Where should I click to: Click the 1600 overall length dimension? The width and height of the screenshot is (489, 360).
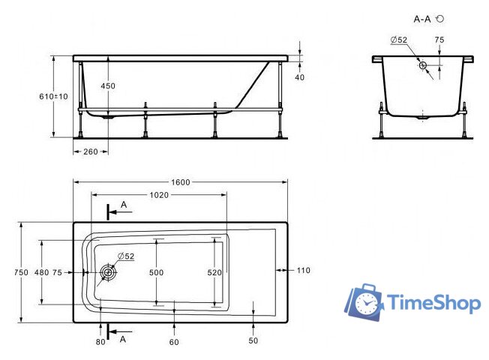[x=181, y=182]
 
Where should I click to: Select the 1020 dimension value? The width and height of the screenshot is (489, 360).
[x=159, y=195]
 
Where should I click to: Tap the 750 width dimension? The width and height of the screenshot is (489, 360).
[x=21, y=272]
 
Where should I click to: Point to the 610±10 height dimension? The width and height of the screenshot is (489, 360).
[x=53, y=97]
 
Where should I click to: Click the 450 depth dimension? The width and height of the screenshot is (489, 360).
[x=108, y=85]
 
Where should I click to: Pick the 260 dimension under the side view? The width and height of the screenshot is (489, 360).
[x=91, y=151]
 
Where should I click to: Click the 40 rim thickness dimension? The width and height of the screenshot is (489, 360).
[x=300, y=77]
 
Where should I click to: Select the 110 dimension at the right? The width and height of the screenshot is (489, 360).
[x=304, y=270]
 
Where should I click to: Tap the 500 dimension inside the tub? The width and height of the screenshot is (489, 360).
[x=156, y=273]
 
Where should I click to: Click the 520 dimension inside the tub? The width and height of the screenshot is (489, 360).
[x=214, y=273]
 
